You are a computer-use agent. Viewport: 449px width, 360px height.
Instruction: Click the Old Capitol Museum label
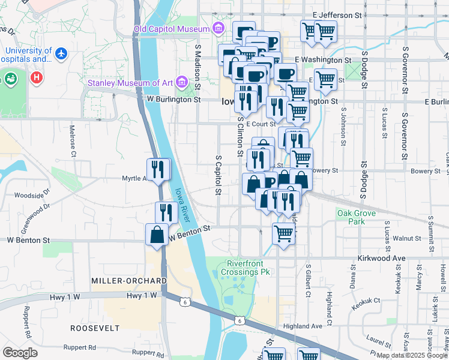171,29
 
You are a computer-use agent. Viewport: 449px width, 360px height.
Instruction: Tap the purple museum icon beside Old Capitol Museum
217,29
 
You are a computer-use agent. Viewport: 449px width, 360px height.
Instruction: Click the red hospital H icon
37,77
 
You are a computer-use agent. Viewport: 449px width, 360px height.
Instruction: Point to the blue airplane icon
61,54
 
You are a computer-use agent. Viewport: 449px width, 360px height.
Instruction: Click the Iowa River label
182,204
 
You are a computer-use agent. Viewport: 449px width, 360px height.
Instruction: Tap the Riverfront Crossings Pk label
249,268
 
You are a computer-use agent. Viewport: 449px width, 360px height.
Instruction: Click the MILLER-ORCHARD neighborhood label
128,281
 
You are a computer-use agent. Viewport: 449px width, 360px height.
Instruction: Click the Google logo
20,353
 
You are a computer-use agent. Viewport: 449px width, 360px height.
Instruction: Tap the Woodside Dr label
29,196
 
